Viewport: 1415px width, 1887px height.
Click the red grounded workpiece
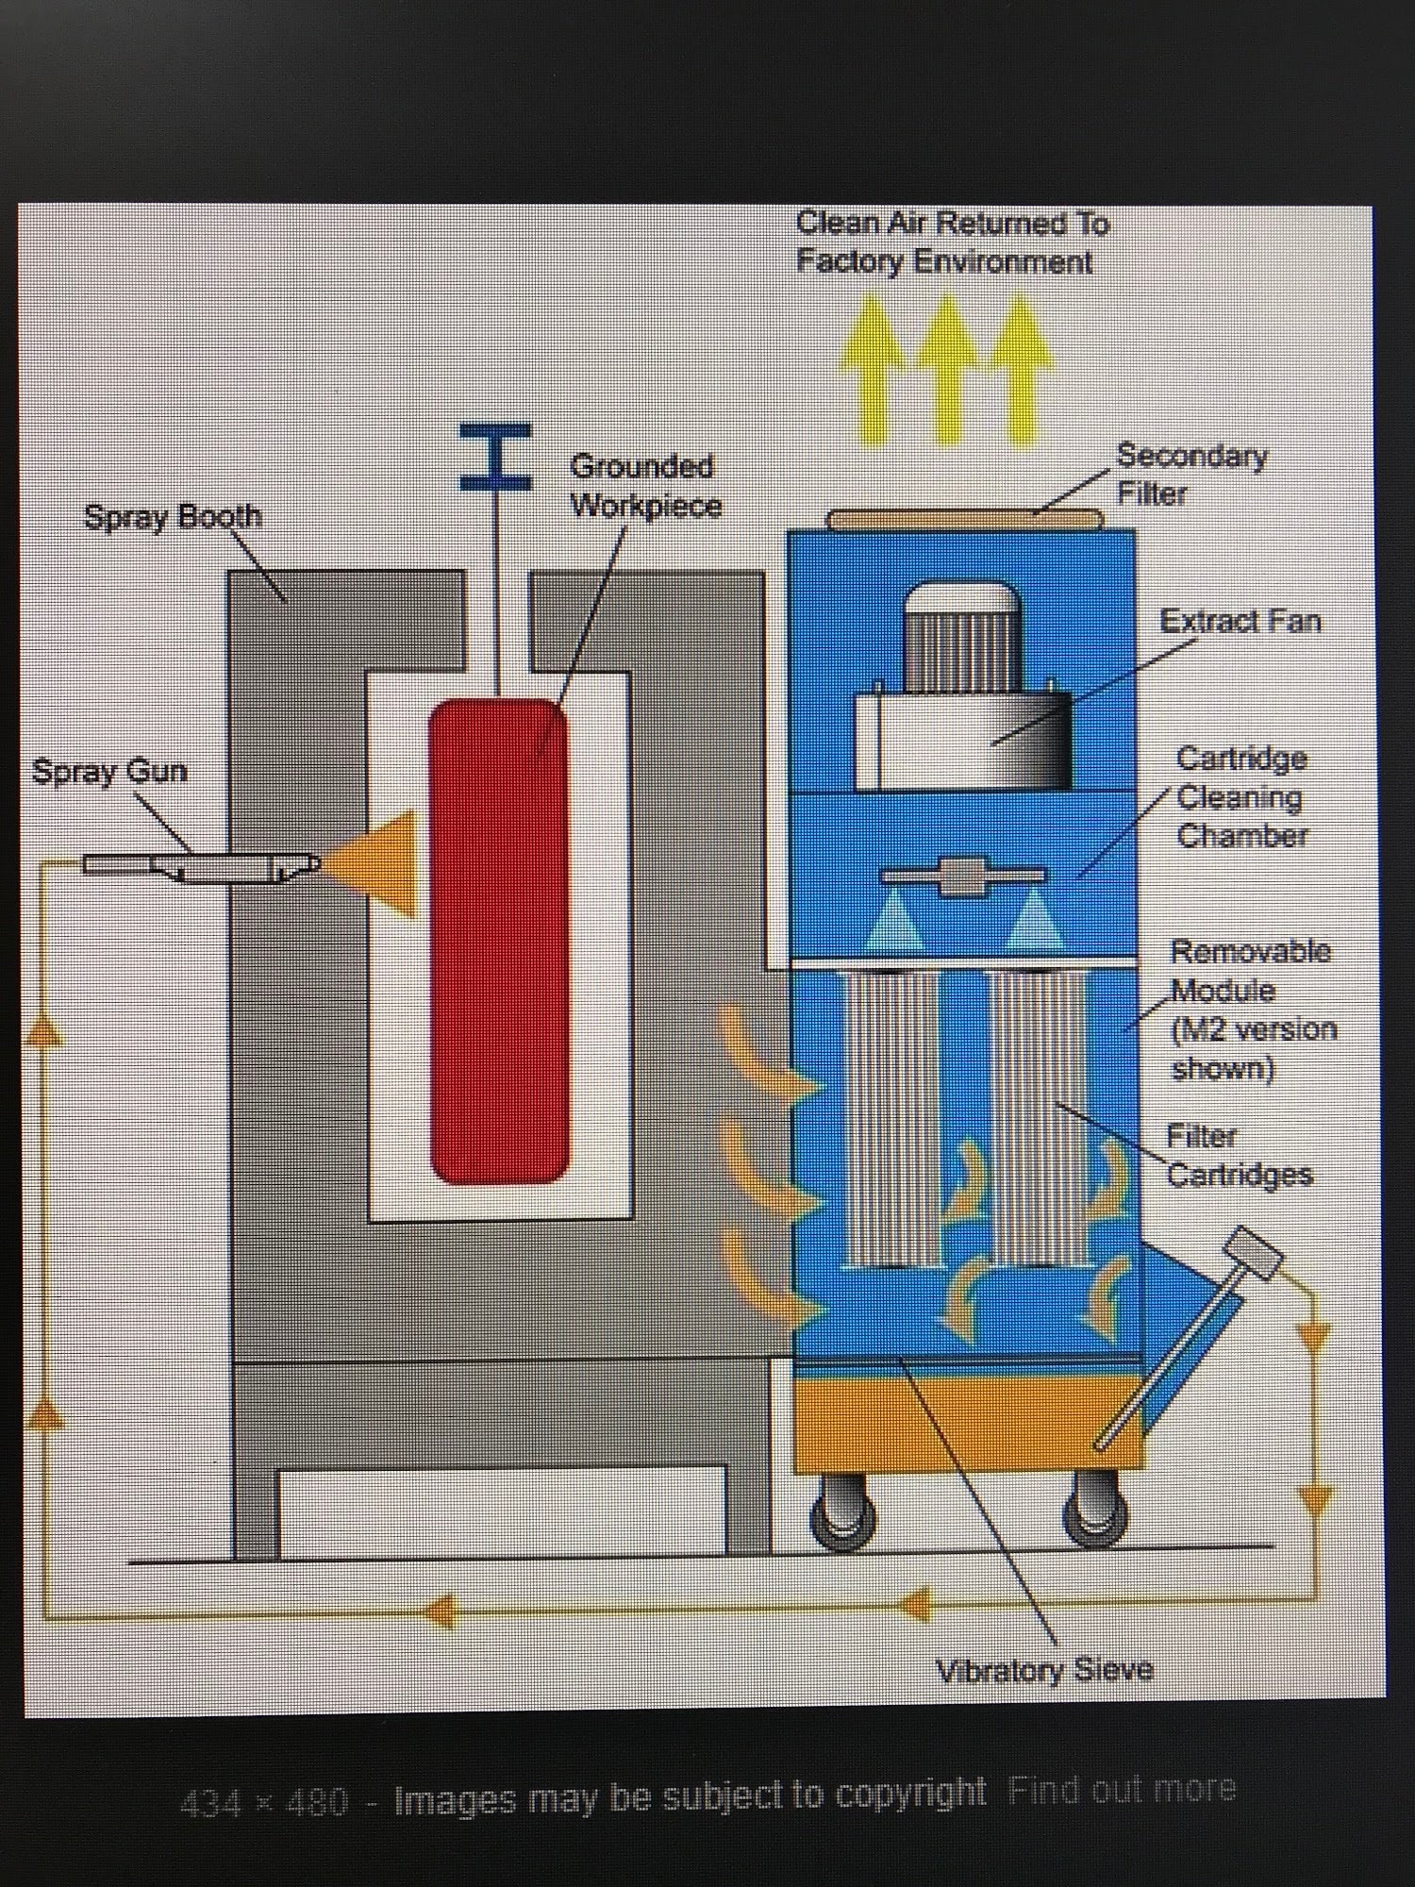click(x=499, y=942)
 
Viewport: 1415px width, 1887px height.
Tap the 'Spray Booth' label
click(x=173, y=517)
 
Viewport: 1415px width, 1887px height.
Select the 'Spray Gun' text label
click(x=109, y=771)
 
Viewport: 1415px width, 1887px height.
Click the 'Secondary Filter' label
click(x=1190, y=475)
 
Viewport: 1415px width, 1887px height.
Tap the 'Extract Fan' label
click(x=1240, y=621)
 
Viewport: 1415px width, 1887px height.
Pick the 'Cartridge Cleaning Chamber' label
click(x=1241, y=797)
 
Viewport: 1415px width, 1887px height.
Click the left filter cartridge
click(x=891, y=1118)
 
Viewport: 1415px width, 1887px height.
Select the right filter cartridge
click(x=1038, y=1118)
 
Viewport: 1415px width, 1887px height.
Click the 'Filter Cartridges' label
click(x=1239, y=1156)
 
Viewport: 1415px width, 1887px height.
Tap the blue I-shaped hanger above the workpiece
click(x=496, y=458)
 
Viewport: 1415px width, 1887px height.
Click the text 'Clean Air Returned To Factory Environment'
click(x=952, y=242)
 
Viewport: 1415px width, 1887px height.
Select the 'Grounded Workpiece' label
click(x=645, y=486)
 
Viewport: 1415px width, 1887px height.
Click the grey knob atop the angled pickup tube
click(x=1254, y=1253)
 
